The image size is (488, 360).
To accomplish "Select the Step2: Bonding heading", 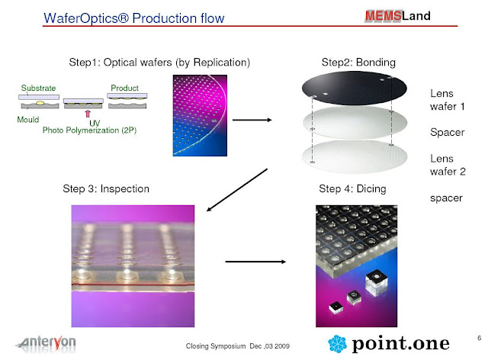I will (x=353, y=61).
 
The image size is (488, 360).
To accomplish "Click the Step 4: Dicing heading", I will (x=353, y=188).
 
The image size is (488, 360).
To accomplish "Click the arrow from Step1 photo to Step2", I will (x=252, y=119).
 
